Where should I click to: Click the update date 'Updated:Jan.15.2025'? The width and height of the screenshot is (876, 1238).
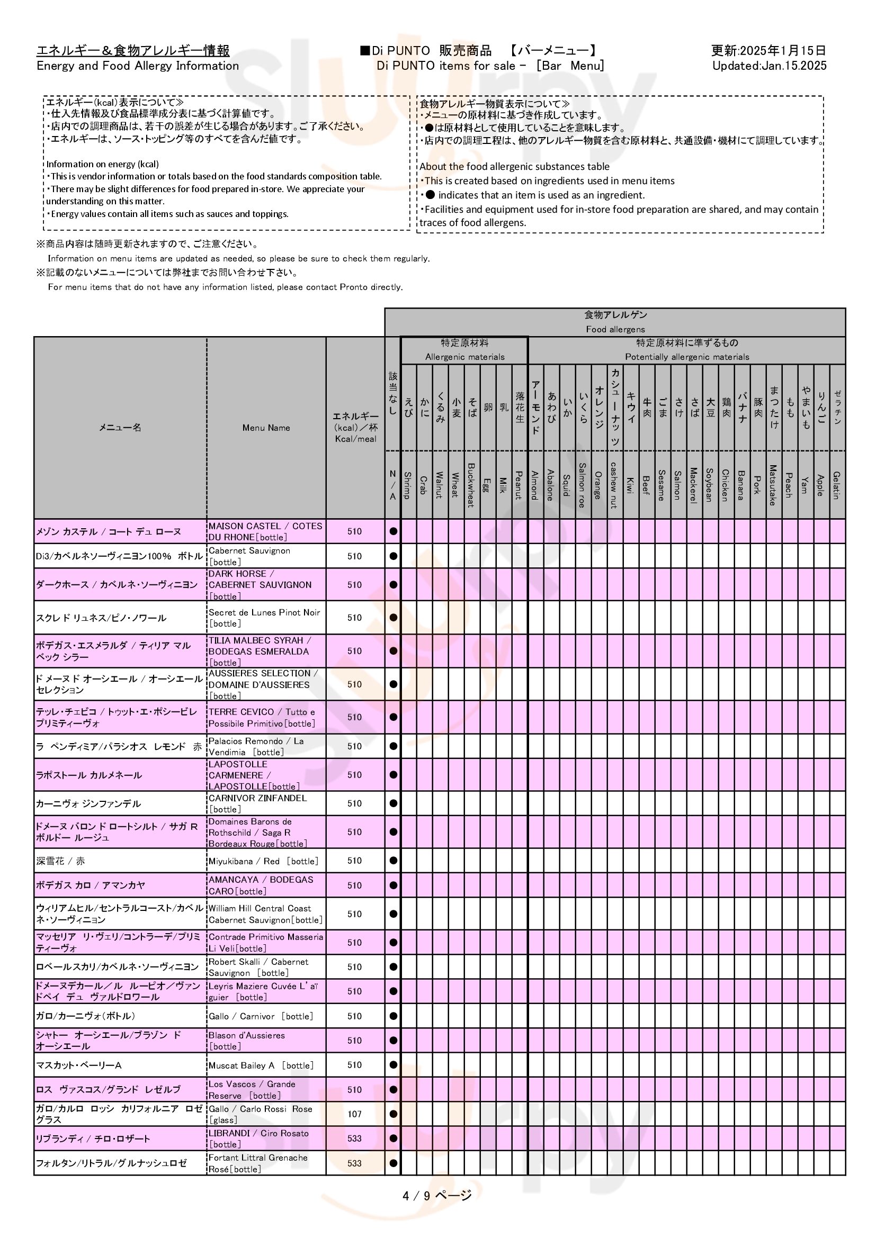(x=768, y=66)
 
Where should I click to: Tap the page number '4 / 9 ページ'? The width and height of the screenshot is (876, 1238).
(x=436, y=1196)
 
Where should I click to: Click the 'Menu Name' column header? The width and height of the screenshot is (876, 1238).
(x=266, y=428)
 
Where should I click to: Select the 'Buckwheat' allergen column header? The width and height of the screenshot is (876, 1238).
(x=470, y=485)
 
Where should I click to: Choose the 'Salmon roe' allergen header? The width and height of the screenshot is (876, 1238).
(x=582, y=485)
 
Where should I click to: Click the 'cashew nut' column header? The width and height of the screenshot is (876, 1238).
(x=614, y=485)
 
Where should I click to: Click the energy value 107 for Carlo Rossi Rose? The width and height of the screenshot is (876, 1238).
(x=354, y=1114)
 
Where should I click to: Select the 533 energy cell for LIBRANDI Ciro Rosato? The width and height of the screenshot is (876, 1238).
(x=354, y=1138)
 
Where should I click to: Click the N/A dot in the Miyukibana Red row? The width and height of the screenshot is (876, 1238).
(x=393, y=861)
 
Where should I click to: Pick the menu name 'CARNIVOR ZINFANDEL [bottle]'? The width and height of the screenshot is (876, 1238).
(x=258, y=803)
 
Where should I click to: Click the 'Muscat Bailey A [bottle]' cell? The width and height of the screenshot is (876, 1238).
(x=261, y=1065)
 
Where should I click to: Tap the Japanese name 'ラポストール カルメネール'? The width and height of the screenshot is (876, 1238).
(x=89, y=775)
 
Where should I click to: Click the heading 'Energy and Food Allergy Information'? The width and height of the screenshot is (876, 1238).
(x=138, y=66)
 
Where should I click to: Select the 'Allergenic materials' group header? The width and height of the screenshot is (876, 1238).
(x=464, y=356)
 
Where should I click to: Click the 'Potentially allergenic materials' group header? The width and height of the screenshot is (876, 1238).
(x=687, y=356)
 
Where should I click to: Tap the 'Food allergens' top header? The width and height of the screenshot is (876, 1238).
(x=615, y=329)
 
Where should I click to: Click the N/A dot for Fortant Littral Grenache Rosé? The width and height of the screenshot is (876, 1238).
(x=393, y=1163)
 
